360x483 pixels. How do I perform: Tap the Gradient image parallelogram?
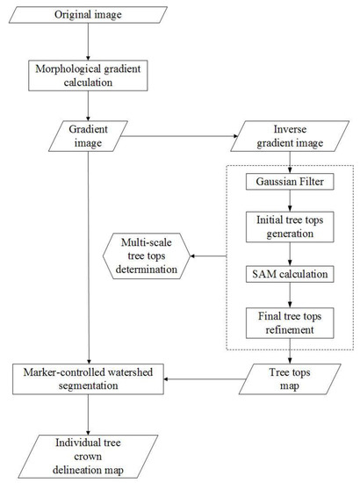click(x=87, y=135)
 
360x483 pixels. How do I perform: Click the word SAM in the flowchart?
click(x=262, y=274)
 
